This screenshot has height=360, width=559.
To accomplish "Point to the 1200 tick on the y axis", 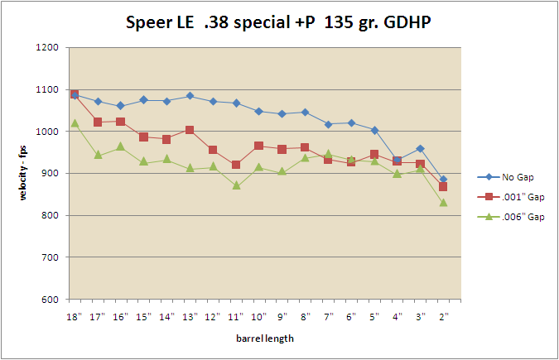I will pyautogui.click(x=46, y=48).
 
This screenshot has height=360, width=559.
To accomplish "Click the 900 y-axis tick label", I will pyautogui.click(x=50, y=174).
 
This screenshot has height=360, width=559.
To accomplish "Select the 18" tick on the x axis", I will pyautogui.click(x=75, y=316).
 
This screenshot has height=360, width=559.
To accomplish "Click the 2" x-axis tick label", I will pyautogui.click(x=444, y=316).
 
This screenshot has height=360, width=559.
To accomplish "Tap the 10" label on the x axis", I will pyautogui.click(x=259, y=316).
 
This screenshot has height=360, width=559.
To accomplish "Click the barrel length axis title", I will pyautogui.click(x=258, y=338).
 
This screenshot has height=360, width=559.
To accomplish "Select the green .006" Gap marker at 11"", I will pyautogui.click(x=236, y=185).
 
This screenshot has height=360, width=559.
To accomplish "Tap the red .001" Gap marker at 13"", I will pyautogui.click(x=190, y=130).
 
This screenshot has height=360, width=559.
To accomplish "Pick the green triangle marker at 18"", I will pyautogui.click(x=75, y=123).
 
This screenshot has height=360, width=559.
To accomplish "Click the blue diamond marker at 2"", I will pyautogui.click(x=443, y=180).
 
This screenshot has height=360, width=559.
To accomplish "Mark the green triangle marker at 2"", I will pyautogui.click(x=443, y=203).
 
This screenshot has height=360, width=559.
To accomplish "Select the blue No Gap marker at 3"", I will pyautogui.click(x=420, y=149).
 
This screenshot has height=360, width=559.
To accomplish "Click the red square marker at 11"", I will pyautogui.click(x=236, y=165).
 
